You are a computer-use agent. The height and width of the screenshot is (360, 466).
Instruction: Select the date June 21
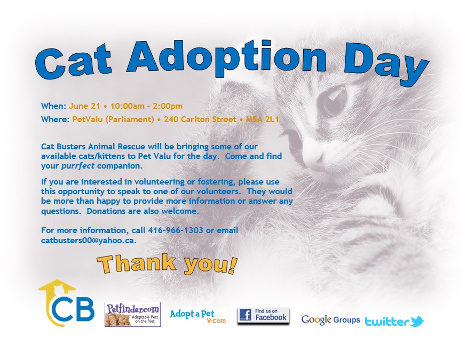pos(84,106)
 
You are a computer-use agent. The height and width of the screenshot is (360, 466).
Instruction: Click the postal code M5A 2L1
pos(263,119)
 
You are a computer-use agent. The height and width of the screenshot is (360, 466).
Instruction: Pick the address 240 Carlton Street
pos(200,119)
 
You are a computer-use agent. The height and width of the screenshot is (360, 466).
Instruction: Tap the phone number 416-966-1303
pos(176,230)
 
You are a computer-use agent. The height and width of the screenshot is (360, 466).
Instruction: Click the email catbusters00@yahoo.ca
pos(89,241)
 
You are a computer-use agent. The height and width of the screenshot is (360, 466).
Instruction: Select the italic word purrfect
pos(78,166)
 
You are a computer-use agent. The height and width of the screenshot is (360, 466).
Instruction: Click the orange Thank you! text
pos(167,264)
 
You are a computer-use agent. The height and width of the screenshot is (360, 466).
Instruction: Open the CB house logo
pos(67,303)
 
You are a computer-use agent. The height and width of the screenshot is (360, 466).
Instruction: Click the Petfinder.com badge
pos(132,315)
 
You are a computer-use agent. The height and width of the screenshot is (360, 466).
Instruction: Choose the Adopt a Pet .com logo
pos(198,317)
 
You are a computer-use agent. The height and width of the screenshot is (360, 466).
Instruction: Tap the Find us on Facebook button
pos(263,315)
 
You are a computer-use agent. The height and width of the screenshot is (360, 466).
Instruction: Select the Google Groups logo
pos(330,320)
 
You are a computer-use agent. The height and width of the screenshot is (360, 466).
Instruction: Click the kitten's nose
pos(317,158)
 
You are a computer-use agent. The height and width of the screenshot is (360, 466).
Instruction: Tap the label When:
pos(53,106)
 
